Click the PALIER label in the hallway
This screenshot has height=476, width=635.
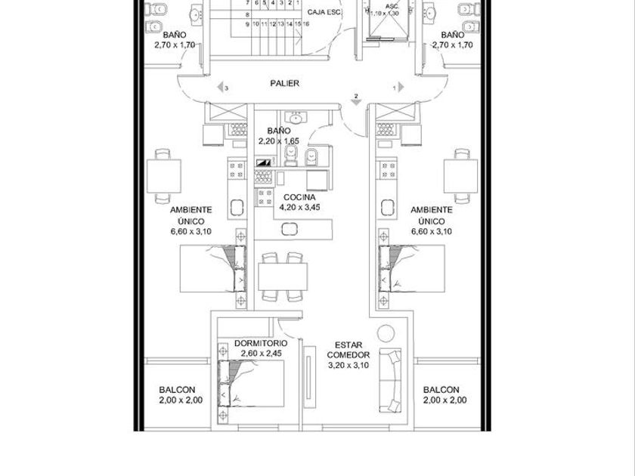tap(285, 83)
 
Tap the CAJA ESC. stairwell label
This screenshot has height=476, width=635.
tap(324, 13)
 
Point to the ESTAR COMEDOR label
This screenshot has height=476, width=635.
tap(348, 350)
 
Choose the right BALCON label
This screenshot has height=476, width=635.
tap(441, 390)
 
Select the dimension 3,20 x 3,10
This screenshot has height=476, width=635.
tap(348, 366)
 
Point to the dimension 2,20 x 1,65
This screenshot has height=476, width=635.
tap(278, 141)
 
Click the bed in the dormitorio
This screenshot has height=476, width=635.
tap(250, 385)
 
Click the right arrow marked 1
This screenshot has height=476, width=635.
tap(401, 88)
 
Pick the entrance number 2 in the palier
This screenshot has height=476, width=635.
tap(356, 95)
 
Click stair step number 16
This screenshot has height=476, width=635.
tap(305, 24)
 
